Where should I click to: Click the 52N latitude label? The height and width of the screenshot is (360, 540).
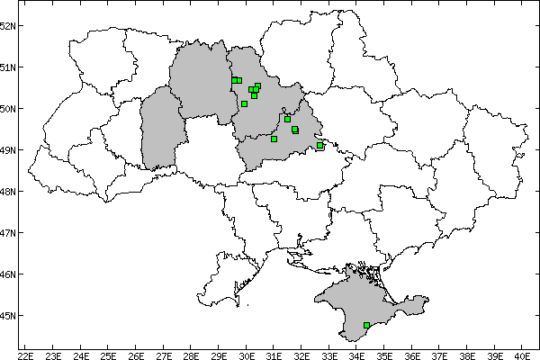point(9,25)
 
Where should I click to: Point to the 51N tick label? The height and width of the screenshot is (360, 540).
point(9,67)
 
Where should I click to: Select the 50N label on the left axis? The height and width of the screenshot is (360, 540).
point(9,108)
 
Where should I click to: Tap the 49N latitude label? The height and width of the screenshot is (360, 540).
point(9,149)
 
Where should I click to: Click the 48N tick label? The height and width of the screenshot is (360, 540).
point(9,191)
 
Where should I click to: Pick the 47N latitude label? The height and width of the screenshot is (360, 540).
point(9,232)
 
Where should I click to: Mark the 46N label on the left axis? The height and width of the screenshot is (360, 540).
point(9,274)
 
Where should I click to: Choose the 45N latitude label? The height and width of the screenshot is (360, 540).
point(9,315)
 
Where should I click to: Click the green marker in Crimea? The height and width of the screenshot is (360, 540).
point(366,325)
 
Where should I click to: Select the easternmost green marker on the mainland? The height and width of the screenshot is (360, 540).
point(319,146)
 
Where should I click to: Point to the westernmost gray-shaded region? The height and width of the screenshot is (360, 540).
point(160,130)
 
